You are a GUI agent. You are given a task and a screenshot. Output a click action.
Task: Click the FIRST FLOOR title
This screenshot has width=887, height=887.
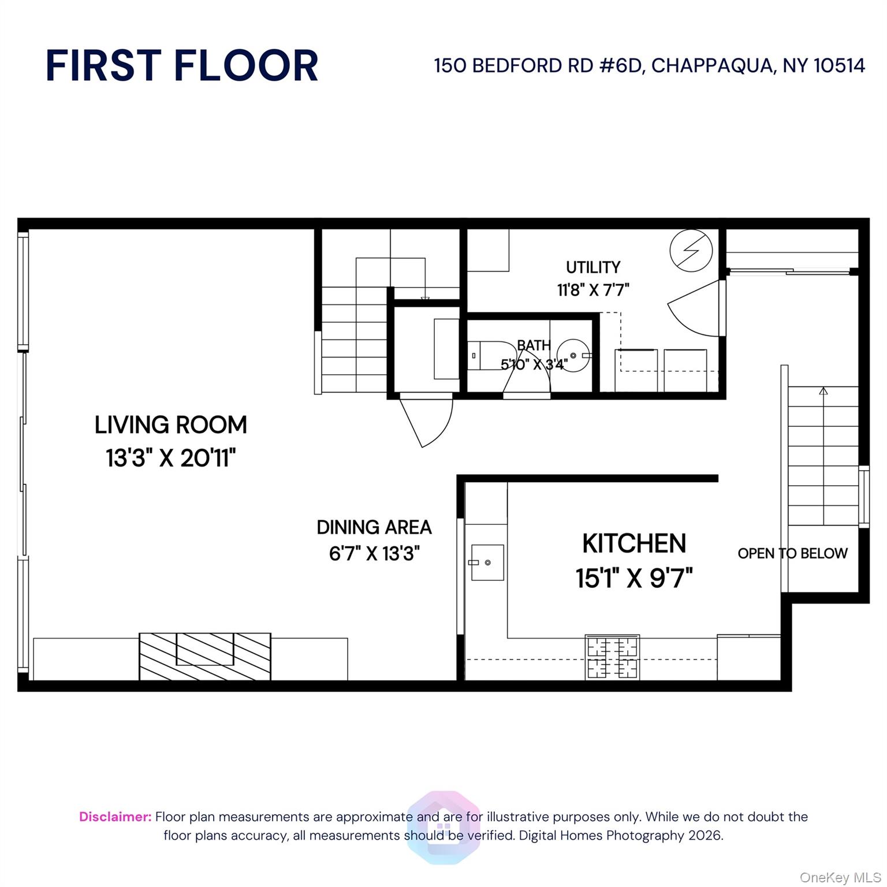[x=181, y=66]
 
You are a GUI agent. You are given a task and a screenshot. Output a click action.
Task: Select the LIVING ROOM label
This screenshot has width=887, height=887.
[x=171, y=425]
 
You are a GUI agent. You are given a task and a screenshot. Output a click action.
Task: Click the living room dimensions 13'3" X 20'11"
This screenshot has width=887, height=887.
[x=171, y=459]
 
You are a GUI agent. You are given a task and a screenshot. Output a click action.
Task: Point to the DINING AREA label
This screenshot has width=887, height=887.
[x=374, y=527]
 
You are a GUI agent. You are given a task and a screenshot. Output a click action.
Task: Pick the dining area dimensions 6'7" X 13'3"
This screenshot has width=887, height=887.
[x=374, y=554]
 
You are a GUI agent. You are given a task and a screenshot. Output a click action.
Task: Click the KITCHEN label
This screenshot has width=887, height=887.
[x=634, y=543]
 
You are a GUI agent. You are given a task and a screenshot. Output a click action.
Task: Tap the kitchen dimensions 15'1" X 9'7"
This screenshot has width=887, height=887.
[x=634, y=577]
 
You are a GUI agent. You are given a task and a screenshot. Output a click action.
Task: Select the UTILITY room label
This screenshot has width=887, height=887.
[x=593, y=267]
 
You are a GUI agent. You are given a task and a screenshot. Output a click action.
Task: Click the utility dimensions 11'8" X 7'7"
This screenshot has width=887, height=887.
[x=593, y=289]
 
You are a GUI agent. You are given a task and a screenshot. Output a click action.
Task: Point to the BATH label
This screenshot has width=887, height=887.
[x=534, y=345]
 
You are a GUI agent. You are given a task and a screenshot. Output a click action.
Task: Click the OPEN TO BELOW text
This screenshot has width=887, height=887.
[x=792, y=553]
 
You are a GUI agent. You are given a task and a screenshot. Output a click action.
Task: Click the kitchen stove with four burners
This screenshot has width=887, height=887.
[x=613, y=657]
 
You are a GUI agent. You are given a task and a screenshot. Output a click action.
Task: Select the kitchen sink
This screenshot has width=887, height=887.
[x=487, y=562]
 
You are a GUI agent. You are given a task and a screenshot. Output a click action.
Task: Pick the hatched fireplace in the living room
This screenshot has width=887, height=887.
[x=204, y=656]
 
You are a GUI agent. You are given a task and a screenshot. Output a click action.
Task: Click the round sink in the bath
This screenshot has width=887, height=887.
[x=573, y=355]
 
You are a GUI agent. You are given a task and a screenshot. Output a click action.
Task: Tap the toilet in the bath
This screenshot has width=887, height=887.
[x=483, y=356]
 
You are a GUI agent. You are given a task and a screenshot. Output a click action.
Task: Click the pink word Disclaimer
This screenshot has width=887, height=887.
[x=115, y=817]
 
